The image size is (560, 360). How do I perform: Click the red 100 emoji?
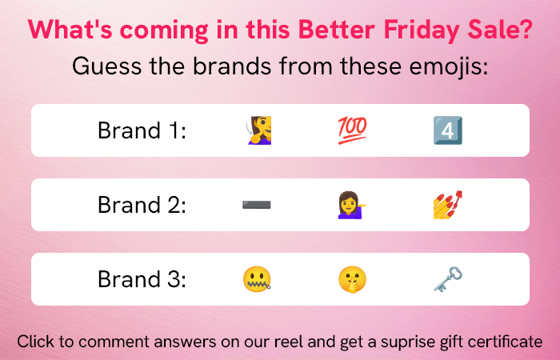point(352,130)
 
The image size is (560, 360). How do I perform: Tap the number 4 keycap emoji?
point(448,130)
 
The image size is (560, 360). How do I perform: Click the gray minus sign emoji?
point(257,205)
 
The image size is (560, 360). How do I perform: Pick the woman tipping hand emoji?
point(352,205)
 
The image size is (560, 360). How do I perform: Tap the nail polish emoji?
point(448,205)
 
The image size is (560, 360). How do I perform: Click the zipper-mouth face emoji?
point(257,279)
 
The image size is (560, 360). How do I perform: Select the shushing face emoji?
point(352,279)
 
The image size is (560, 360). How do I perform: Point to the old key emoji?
point(448,279)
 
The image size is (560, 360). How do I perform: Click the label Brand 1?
point(142,130)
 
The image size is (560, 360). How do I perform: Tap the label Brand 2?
point(142,205)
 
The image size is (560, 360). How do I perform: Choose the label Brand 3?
point(142,279)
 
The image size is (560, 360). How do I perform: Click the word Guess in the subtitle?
point(107,66)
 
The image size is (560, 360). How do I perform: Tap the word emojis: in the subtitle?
point(449,67)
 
